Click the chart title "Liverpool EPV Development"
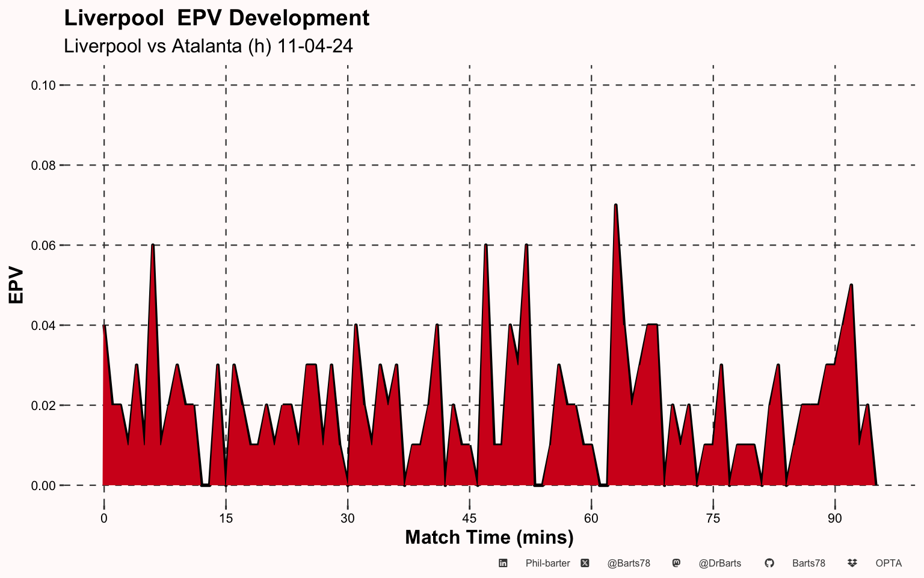217,18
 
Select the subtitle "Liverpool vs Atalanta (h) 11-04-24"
208,46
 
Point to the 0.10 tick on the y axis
43,85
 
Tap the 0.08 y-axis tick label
43,166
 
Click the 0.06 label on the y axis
43,246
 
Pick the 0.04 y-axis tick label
43,326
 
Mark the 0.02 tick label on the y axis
43,406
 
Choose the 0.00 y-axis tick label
43,486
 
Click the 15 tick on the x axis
226,518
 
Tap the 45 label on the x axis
469,518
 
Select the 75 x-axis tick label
713,518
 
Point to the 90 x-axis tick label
835,518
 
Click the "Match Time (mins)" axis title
489,537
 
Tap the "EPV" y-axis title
16,285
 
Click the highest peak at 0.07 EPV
616,205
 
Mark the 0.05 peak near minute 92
851,285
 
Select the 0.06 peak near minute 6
153,246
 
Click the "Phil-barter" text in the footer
547,564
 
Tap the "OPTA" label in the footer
889,564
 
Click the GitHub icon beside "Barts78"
769,563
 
